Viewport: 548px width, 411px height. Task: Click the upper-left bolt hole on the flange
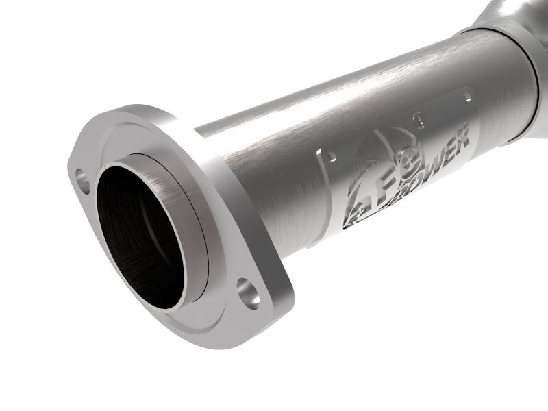pos(82,179)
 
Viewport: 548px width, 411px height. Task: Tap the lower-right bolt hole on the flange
pos(249,292)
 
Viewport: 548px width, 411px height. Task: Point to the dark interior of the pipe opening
pos(137,233)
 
